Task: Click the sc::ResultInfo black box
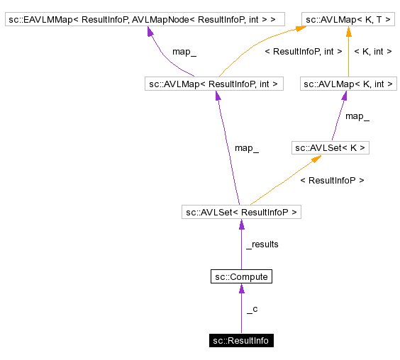pyautogui.click(x=241, y=341)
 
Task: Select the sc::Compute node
pyautogui.click(x=241, y=276)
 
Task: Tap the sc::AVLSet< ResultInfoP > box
pyautogui.click(x=241, y=212)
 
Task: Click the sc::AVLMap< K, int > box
pyautogui.click(x=348, y=84)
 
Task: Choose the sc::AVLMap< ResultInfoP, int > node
pyautogui.click(x=213, y=84)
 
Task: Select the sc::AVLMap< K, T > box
pyautogui.click(x=347, y=19)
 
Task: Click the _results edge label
pyautogui.click(x=262, y=244)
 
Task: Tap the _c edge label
pyautogui.click(x=252, y=309)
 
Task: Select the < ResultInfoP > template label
pyautogui.click(x=332, y=181)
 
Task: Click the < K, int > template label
pyautogui.click(x=372, y=52)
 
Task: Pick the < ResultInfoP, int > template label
pyautogui.click(x=303, y=52)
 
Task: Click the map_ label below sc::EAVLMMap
pyautogui.click(x=184, y=52)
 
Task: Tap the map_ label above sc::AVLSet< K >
pyautogui.click(x=357, y=116)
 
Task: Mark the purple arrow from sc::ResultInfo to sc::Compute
pyautogui.click(x=241, y=312)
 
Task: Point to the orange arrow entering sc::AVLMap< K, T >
pyautogui.click(x=255, y=50)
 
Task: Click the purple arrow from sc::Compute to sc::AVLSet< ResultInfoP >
pyautogui.click(x=241, y=248)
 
